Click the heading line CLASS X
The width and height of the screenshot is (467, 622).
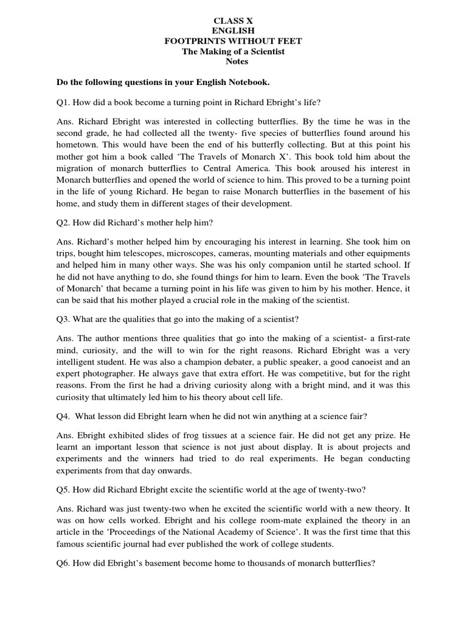[233, 19]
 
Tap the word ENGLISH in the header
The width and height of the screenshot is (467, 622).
[233, 30]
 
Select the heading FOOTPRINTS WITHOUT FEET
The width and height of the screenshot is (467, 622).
[233, 41]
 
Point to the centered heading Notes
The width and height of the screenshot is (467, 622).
[233, 62]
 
